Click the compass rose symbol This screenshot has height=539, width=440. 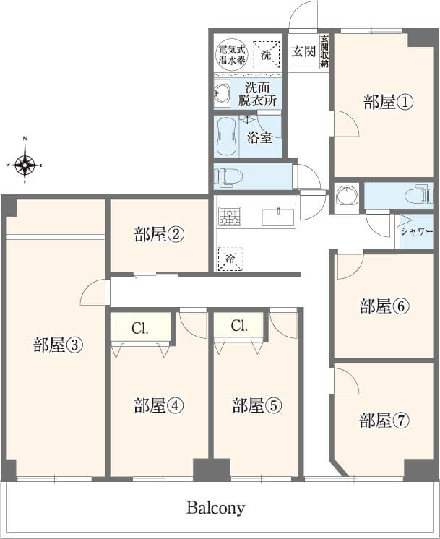point(25,165)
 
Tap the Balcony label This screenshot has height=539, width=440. point(215,508)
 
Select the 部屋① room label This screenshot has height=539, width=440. point(388,102)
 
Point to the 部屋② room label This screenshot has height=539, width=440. point(159,234)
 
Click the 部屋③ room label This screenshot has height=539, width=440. point(58,345)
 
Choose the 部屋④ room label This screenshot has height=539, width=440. point(158,405)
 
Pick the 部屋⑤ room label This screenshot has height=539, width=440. point(256,405)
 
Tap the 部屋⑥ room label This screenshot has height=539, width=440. point(384,306)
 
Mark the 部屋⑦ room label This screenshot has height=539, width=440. point(384,420)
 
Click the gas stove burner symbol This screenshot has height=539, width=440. point(230,217)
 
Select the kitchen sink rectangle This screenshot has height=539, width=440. point(278,217)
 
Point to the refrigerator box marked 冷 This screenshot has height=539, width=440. point(230,259)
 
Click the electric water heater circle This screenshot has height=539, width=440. point(232,55)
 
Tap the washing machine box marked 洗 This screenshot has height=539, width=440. point(267,54)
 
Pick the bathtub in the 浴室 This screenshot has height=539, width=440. point(226,137)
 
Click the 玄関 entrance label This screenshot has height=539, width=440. point(303,51)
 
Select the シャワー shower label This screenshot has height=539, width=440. point(417,231)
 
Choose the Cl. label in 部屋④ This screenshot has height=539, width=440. point(140,329)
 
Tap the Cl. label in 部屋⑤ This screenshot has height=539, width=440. point(239,326)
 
